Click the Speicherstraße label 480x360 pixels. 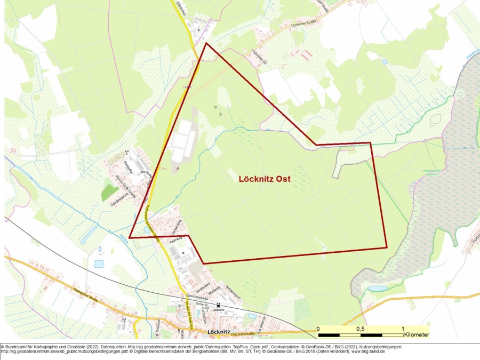194,295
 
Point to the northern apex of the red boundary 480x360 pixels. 206,43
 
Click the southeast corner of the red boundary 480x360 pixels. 387,247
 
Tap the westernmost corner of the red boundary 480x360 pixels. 130,238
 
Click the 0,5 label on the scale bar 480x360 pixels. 361,329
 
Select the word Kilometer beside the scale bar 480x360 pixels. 417,335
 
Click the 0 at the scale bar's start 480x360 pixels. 318,329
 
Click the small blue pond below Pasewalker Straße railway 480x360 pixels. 99,264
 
